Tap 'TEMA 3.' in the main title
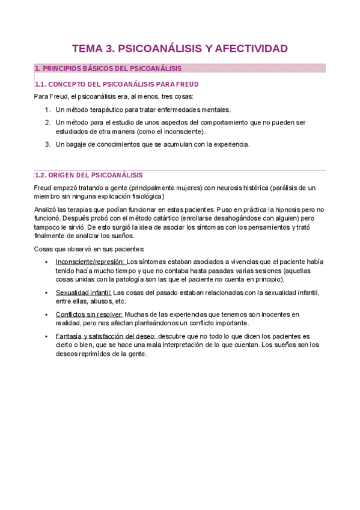[93, 49]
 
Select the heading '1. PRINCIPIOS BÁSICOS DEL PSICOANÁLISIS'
[108, 69]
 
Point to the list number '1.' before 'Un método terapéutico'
[48, 109]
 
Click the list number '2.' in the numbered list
[48, 123]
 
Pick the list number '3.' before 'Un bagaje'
[48, 144]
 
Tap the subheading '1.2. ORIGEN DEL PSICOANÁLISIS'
[89, 175]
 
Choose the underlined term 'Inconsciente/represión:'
[90, 262]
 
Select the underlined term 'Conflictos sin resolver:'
[89, 315]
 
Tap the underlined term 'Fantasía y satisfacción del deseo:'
[106, 336]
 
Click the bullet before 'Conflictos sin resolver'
[47, 315]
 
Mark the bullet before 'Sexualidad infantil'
[47, 293]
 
